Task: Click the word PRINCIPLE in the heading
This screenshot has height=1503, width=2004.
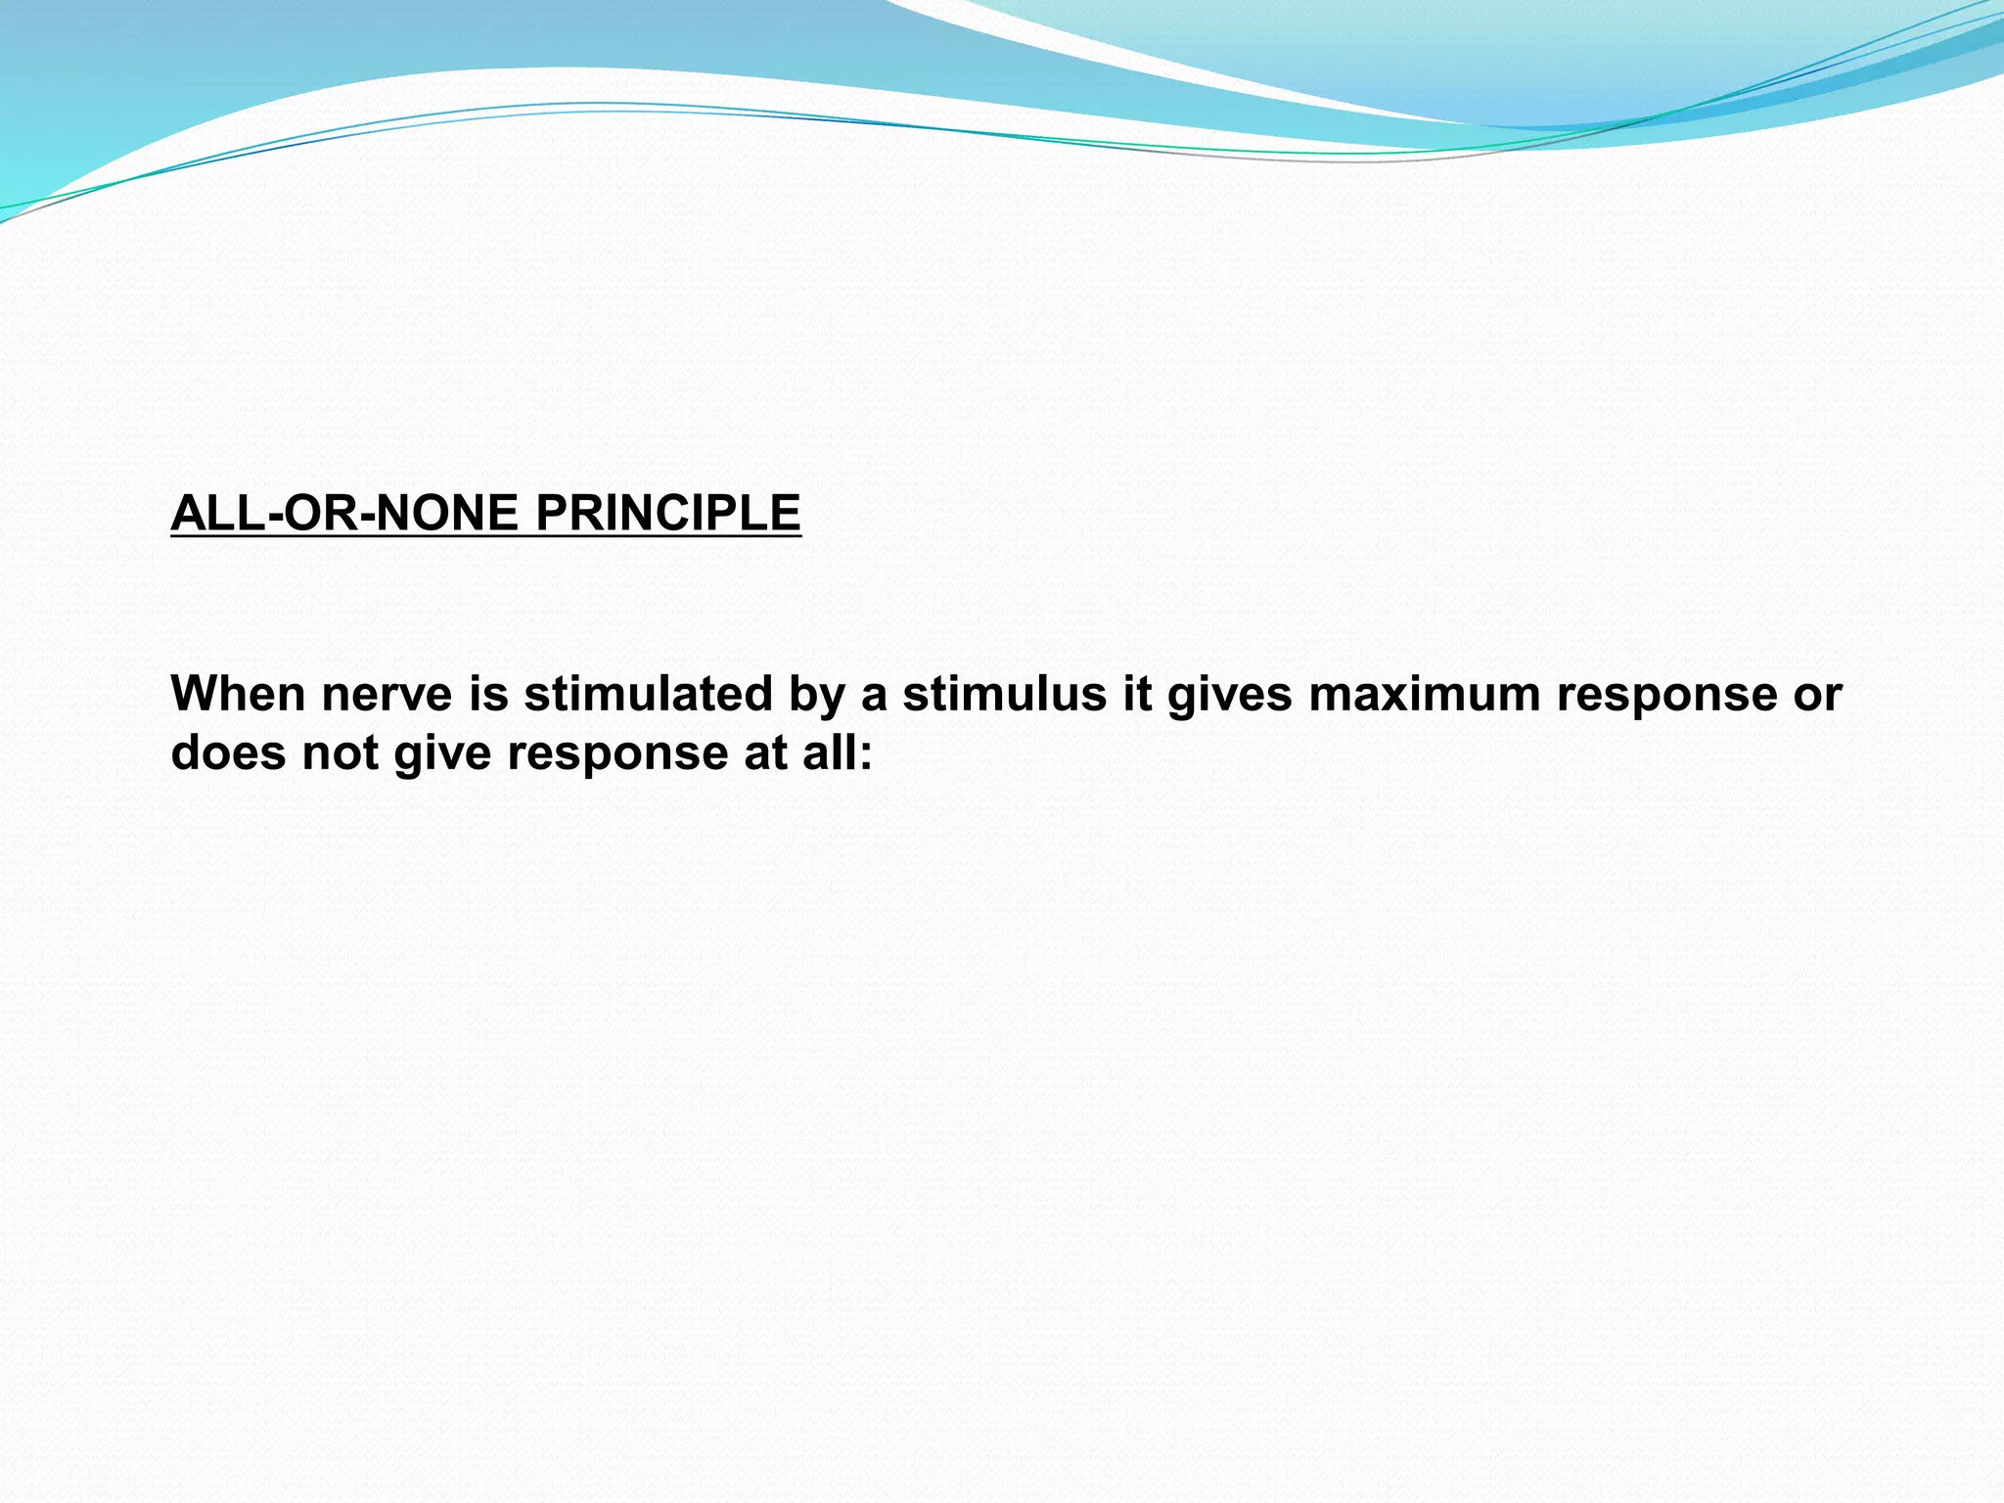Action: (668, 513)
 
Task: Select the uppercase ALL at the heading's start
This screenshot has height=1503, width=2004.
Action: (218, 513)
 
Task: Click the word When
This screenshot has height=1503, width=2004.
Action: (238, 694)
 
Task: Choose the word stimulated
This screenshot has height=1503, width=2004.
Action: (649, 694)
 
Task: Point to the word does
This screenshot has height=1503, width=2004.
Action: (228, 752)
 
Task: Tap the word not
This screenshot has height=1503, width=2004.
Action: (340, 752)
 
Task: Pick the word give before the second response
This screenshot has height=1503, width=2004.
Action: (442, 752)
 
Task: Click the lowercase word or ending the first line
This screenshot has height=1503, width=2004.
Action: (1818, 694)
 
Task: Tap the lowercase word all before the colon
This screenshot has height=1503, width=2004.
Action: (828, 752)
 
